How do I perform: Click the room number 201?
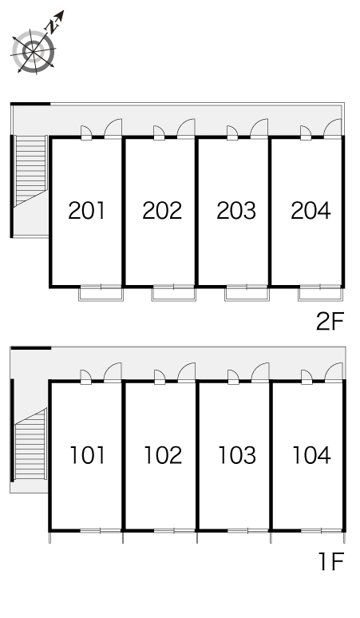[87, 211]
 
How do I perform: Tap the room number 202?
[162, 211]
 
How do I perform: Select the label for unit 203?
[236, 211]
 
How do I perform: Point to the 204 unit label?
[311, 211]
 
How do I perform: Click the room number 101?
[88, 455]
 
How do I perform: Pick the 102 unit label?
[163, 455]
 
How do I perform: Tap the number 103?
[237, 455]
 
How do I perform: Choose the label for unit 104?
[311, 455]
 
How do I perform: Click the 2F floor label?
[330, 321]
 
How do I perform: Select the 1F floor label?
[331, 561]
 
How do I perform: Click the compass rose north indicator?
[55, 22]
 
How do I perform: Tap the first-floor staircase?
[30, 444]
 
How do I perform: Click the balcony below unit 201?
[101, 294]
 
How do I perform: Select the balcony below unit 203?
[247, 294]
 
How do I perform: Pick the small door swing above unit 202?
[158, 132]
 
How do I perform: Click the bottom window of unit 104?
[322, 531]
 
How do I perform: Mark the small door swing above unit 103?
[233, 376]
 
